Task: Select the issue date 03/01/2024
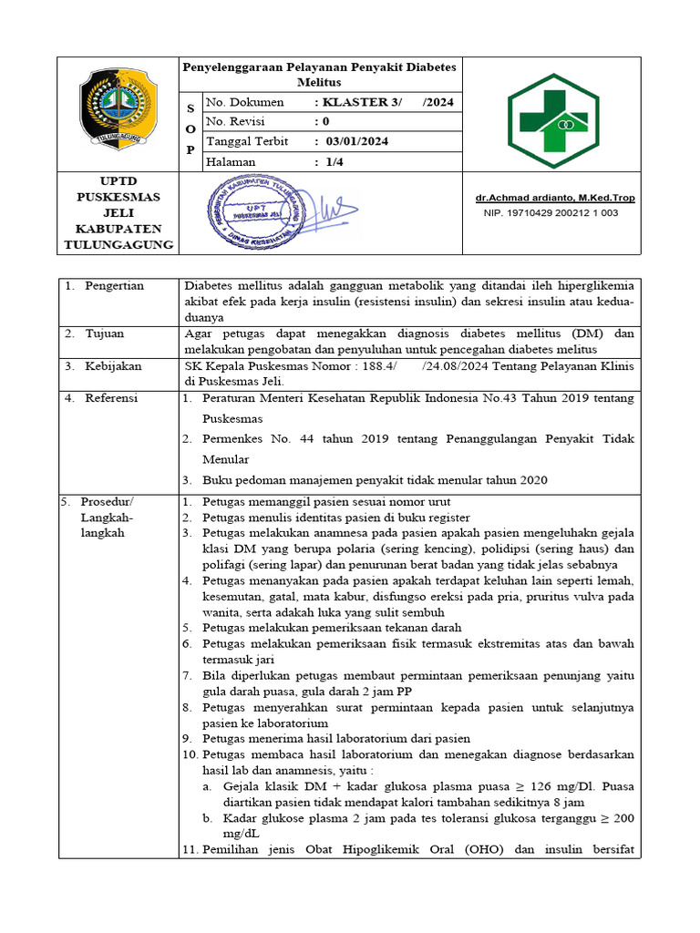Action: point(351,141)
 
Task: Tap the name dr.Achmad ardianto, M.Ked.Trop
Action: point(555,198)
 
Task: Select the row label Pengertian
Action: point(114,286)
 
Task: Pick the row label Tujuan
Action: point(105,333)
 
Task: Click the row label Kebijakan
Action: point(113,365)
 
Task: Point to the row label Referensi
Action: point(113,397)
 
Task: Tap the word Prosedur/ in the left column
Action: point(107,502)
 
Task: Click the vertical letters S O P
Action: point(190,129)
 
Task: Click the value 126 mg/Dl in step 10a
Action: point(557,787)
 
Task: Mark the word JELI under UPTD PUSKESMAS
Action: point(118,212)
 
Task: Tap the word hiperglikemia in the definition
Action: point(597,286)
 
